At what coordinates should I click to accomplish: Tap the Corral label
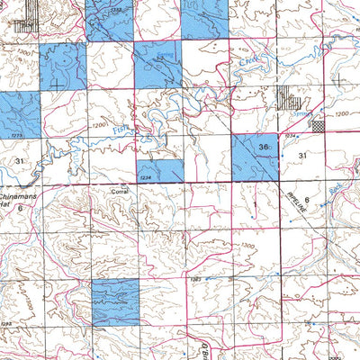(120, 192)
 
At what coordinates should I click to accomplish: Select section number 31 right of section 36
(303, 156)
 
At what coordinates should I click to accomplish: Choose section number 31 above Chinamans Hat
(19, 159)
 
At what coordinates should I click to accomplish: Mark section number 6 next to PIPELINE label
(307, 200)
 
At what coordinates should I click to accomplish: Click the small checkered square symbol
(317, 127)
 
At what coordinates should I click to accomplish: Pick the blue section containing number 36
(254, 157)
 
